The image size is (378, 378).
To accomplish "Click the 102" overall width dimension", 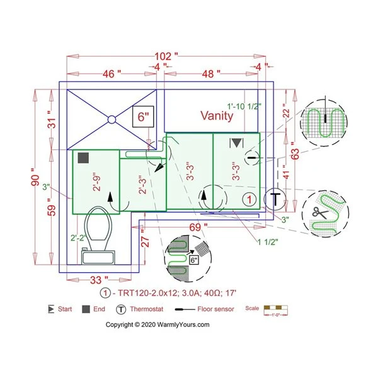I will (x=168, y=55).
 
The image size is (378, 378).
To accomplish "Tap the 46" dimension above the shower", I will (x=111, y=74).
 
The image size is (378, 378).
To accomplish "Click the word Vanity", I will (x=217, y=116).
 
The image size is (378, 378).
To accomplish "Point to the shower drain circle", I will (x=111, y=118).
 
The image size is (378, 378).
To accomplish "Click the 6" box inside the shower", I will (x=143, y=117).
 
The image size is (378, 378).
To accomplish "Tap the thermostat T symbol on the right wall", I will (x=275, y=198).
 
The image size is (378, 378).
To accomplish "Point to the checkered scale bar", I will (x=275, y=309).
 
